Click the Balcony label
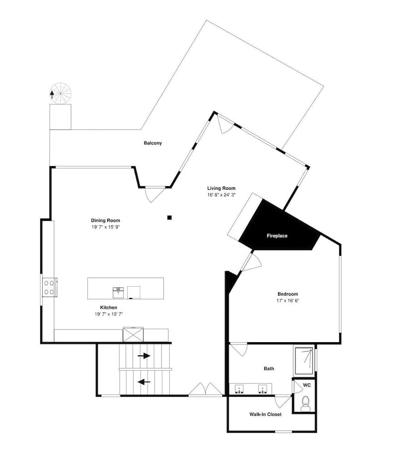(x=153, y=143)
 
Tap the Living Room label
(x=221, y=188)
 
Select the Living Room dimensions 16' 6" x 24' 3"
(x=221, y=195)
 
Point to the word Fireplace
(x=277, y=236)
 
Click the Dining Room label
(x=105, y=221)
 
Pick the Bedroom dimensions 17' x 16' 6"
(x=288, y=301)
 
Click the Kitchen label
(x=109, y=308)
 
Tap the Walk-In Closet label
(x=266, y=415)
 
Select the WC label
(x=307, y=385)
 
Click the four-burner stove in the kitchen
(x=49, y=287)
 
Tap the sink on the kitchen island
(x=118, y=293)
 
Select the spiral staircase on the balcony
(x=60, y=94)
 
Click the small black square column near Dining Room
(x=170, y=217)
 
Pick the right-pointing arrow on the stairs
(x=144, y=356)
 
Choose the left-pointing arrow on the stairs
(x=144, y=382)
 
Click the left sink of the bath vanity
(x=239, y=389)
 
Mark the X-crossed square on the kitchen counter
(x=133, y=334)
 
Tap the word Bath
(x=269, y=369)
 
